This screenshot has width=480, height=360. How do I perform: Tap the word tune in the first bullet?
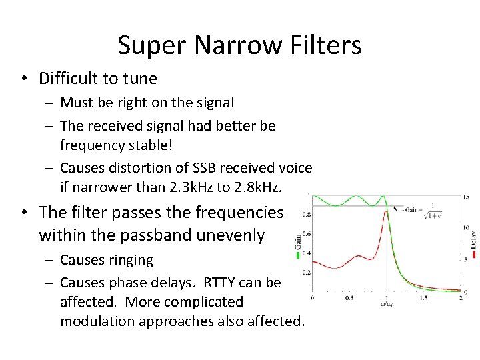pyautogui.click(x=139, y=79)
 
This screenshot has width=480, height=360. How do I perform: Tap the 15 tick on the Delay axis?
pyautogui.click(x=466, y=197)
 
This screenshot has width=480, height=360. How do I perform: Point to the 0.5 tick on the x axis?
pyautogui.click(x=349, y=298)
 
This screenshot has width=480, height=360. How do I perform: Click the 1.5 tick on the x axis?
pyautogui.click(x=423, y=298)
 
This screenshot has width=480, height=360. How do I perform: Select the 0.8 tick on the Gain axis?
pyautogui.click(x=305, y=215)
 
